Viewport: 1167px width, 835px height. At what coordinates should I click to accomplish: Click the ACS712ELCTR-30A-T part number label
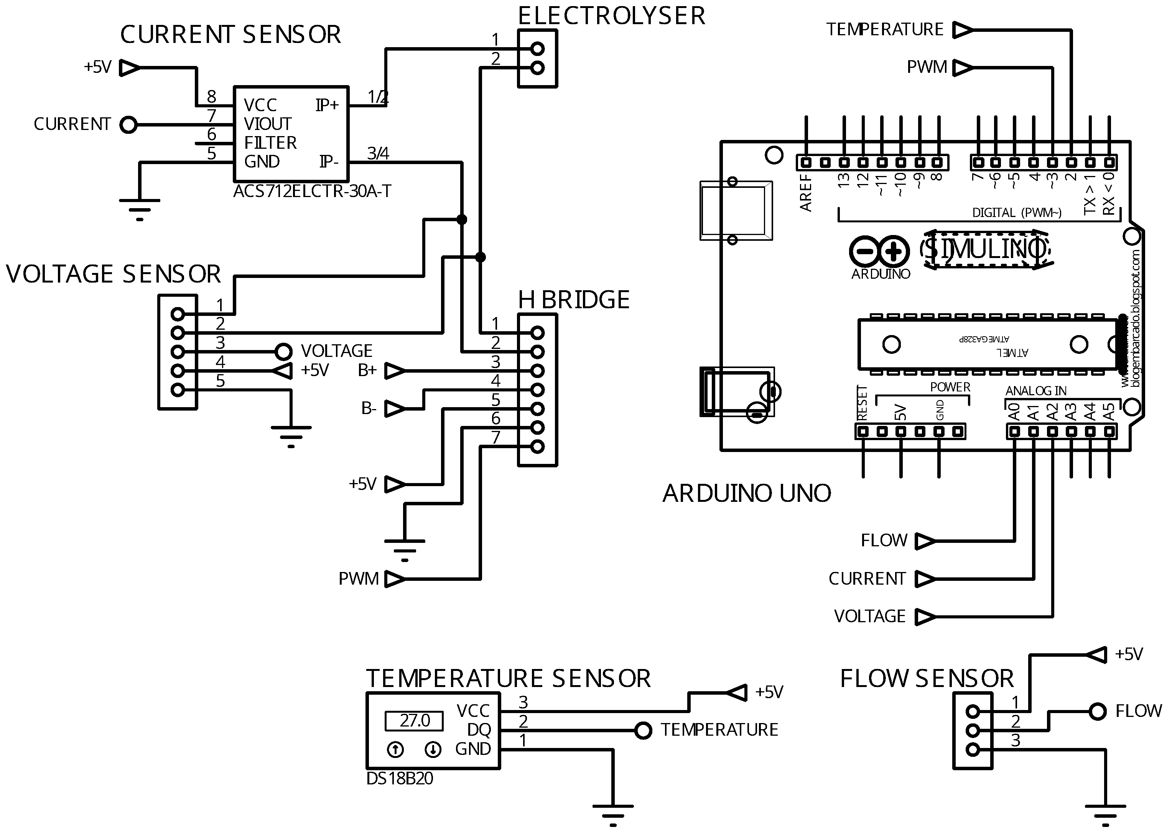pyautogui.click(x=312, y=191)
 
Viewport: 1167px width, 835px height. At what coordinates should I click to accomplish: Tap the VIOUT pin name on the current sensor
pyautogui.click(x=267, y=124)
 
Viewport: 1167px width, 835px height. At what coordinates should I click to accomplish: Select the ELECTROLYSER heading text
pyautogui.click(x=611, y=16)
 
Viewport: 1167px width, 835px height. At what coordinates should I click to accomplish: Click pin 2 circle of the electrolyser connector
pyautogui.click(x=537, y=67)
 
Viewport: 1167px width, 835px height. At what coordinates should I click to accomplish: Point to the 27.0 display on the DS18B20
pyautogui.click(x=414, y=720)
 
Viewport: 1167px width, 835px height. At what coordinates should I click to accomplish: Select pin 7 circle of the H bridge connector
pyautogui.click(x=537, y=446)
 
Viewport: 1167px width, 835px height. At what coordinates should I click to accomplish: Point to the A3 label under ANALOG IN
pyautogui.click(x=1071, y=412)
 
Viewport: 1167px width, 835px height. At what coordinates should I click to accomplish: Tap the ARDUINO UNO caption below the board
pyautogui.click(x=746, y=493)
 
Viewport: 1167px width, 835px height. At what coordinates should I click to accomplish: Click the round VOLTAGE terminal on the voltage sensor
pyautogui.click(x=283, y=352)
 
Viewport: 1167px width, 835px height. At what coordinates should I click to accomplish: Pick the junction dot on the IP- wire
pyautogui.click(x=461, y=220)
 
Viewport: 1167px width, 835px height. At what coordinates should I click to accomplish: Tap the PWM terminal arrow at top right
pyautogui.click(x=962, y=67)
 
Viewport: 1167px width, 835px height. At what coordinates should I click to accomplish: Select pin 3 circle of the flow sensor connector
pyautogui.click(x=973, y=750)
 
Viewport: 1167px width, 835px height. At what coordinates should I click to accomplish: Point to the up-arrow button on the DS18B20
pyautogui.click(x=395, y=750)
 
